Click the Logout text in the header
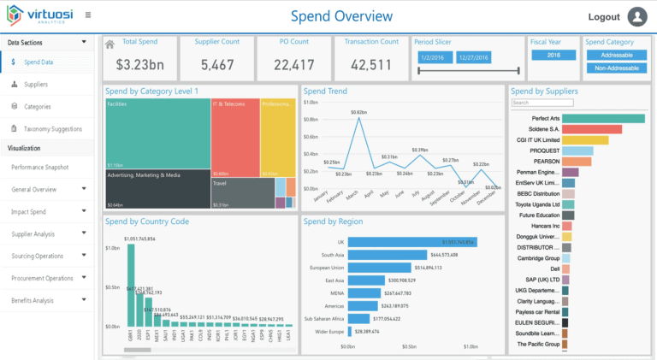(604, 17)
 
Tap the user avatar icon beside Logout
(637, 16)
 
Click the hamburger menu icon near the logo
(88, 15)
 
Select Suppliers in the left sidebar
(36, 85)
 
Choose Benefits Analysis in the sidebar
(33, 300)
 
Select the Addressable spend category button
(616, 55)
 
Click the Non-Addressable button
(616, 68)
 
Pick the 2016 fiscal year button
(553, 55)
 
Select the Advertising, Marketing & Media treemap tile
(157, 189)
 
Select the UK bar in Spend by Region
(411, 242)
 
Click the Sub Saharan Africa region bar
(369, 317)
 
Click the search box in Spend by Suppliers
(542, 103)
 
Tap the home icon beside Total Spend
(109, 44)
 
